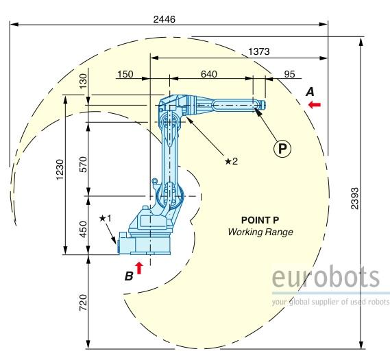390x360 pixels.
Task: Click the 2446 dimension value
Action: coord(164,19)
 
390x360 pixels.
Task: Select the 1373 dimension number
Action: coord(259,51)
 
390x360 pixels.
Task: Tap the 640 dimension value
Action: coord(209,74)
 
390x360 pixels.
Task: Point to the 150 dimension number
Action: coord(125,74)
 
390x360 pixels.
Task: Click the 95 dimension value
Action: coord(289,74)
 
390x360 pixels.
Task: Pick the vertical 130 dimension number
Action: coord(84,81)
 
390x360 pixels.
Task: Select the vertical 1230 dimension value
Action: coord(60,169)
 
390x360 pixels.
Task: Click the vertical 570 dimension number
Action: coord(84,164)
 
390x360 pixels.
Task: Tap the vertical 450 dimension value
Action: coord(84,229)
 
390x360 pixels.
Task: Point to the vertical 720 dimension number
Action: coord(84,302)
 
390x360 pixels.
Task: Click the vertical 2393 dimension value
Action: coord(355,198)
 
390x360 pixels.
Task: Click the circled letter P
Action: coord(282,149)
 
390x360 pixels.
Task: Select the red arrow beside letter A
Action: coord(315,104)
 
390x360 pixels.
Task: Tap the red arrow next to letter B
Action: coord(139,268)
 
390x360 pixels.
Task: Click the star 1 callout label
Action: coord(105,219)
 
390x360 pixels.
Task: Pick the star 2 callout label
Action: coord(231,161)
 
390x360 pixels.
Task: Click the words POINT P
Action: coord(260,220)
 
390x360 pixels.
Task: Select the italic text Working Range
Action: coord(260,232)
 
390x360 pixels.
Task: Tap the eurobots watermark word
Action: coord(326,276)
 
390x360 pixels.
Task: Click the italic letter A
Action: coord(310,92)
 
